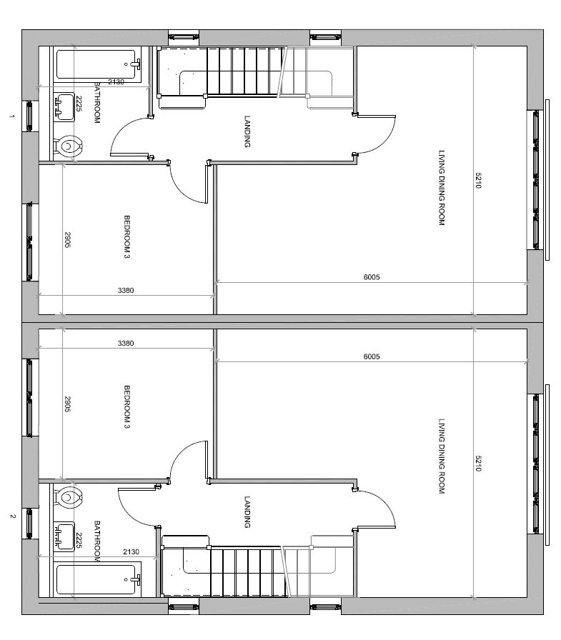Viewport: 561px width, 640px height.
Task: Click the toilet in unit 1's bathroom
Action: [69, 147]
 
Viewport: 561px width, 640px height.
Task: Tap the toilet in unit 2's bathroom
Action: [69, 496]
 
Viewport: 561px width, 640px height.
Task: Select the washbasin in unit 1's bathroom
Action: [64, 107]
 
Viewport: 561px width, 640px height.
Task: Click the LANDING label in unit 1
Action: [247, 131]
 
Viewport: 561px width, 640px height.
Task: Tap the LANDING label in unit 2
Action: [247, 512]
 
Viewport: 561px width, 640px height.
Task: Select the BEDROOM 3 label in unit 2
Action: [126, 407]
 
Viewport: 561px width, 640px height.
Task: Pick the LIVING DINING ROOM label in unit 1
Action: [441, 188]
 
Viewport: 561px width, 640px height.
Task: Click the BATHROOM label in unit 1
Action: [97, 103]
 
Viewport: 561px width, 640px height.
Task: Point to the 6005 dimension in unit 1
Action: [372, 277]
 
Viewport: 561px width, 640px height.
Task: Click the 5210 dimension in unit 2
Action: [479, 464]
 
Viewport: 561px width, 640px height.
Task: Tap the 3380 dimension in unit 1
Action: [126, 290]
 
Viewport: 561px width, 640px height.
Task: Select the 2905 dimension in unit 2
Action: [68, 404]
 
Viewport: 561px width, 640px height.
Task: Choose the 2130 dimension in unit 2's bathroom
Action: [131, 552]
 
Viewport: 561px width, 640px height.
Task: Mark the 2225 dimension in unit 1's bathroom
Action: [79, 105]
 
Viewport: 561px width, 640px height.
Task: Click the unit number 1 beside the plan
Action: [12, 116]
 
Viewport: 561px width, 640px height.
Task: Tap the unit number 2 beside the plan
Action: [12, 516]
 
